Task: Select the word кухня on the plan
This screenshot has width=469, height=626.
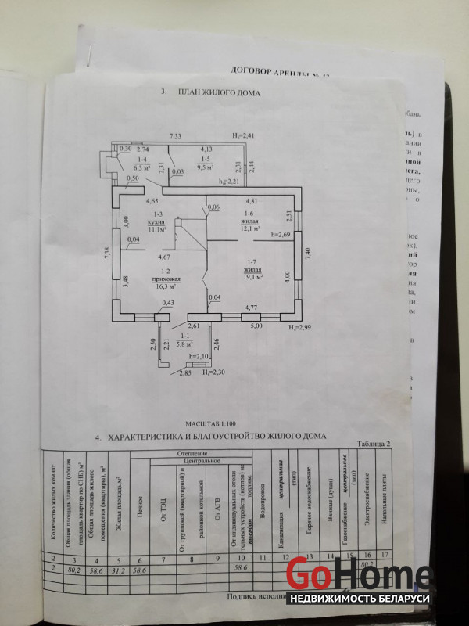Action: pos(159,222)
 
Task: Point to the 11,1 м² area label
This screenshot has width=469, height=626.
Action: pos(159,230)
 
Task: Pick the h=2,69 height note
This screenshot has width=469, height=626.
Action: pos(280,234)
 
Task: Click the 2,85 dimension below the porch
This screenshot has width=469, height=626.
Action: pos(185,374)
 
